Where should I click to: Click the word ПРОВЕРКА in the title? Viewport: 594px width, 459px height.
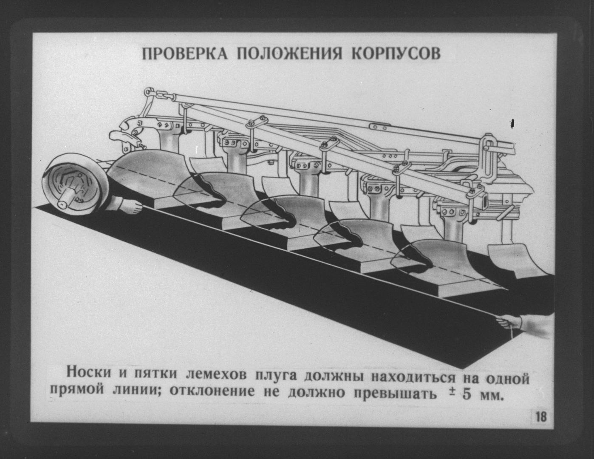(x=185, y=54)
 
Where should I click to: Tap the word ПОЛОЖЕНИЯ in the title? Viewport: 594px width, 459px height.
(x=290, y=54)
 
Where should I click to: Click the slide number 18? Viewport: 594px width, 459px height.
(x=541, y=417)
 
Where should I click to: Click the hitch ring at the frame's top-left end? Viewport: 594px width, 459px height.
(x=148, y=91)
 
